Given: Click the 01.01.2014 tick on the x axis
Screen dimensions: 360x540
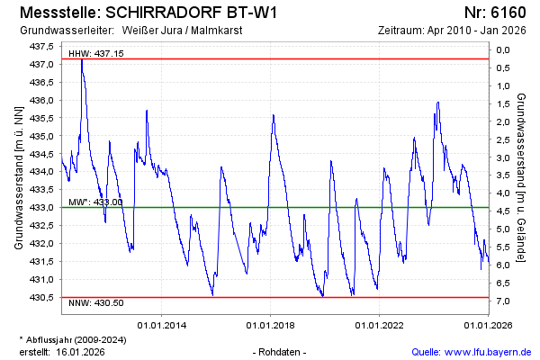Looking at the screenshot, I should pyautogui.click(x=163, y=323).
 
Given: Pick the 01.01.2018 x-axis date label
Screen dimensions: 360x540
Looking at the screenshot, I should pyautogui.click(x=271, y=323).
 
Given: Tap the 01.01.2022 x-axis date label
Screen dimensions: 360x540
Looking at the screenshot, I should pyautogui.click(x=380, y=323).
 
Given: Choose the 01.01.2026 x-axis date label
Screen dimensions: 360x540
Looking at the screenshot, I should pyautogui.click(x=488, y=323).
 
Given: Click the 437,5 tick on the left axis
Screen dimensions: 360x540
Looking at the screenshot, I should pyautogui.click(x=43, y=46).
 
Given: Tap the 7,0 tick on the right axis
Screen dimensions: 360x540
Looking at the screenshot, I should pyautogui.click(x=504, y=300).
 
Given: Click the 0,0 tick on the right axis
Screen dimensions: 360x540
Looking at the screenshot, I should pyautogui.click(x=504, y=50).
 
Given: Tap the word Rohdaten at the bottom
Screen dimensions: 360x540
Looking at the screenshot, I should pyautogui.click(x=281, y=351).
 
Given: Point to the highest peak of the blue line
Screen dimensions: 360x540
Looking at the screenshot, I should pyautogui.click(x=82, y=59).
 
